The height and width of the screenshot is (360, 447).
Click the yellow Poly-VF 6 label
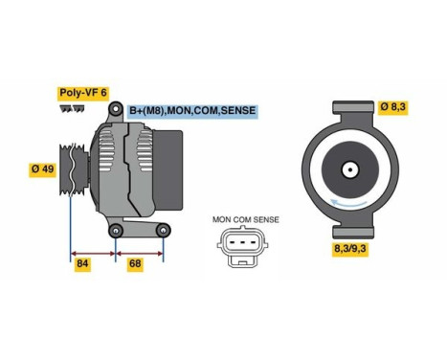(x=83, y=93)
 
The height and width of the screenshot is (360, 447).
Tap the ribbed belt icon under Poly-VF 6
(x=70, y=109)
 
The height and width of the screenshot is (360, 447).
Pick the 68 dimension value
(x=134, y=262)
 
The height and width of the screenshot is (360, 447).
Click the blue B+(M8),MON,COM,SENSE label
(x=191, y=112)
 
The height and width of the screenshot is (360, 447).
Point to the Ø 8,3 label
(x=391, y=106)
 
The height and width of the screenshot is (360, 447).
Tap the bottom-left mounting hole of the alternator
(x=116, y=229)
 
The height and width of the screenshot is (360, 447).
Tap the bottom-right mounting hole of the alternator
(x=164, y=230)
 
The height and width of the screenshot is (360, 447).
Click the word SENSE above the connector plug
(x=265, y=219)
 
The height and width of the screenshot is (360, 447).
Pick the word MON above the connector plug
(x=222, y=219)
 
